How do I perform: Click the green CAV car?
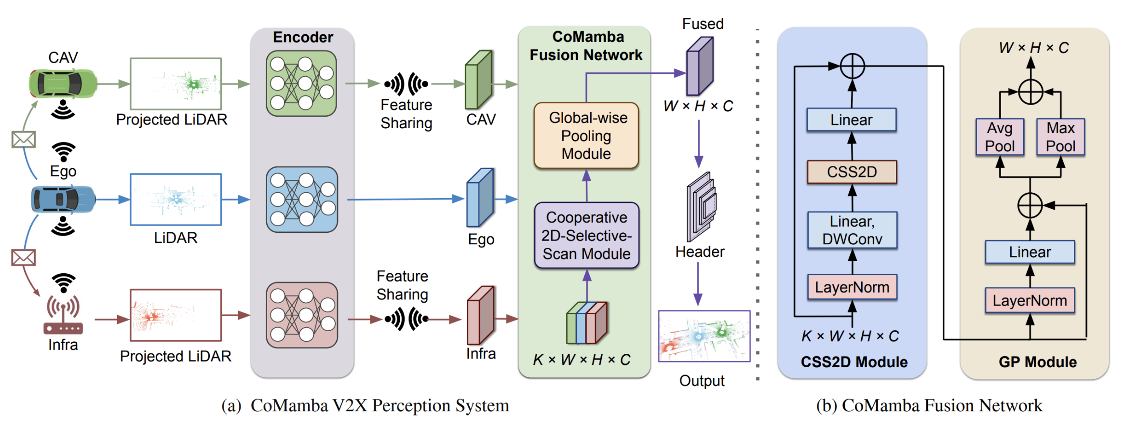(63, 83)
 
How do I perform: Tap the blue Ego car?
(63, 199)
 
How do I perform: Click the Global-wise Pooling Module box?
(586, 135)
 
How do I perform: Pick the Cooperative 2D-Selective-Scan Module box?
(586, 235)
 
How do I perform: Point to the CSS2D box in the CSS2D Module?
(852, 172)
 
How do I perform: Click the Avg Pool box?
(1000, 137)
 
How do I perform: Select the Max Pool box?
(1060, 137)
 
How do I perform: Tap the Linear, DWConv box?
(852, 230)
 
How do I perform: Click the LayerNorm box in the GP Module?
(1030, 301)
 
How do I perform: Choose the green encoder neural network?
(301, 83)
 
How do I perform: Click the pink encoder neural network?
(302, 315)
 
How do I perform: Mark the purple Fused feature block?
(699, 67)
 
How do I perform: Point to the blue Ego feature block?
(480, 198)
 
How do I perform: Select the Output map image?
(704, 336)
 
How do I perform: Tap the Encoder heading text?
(303, 37)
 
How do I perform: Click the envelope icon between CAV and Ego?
(24, 140)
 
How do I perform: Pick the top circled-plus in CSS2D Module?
(852, 66)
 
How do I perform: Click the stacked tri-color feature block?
(587, 322)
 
